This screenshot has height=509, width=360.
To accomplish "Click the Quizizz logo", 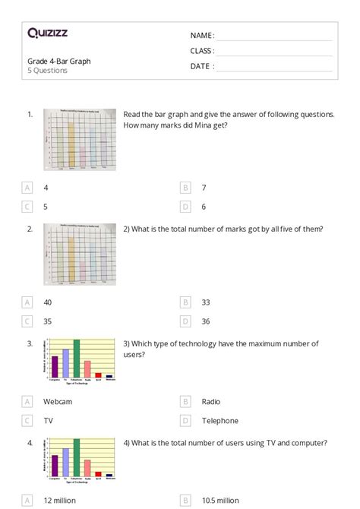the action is coord(47,33).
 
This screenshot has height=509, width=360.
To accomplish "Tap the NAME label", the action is coord(201,35).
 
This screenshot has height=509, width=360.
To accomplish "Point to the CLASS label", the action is coord(202,51).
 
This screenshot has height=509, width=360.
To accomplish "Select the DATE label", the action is coord(201,66).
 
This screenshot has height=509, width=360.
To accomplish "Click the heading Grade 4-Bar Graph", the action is coord(59,61).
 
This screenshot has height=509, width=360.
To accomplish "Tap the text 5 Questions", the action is coord(48,71).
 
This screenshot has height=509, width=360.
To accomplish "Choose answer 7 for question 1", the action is coord(204,187).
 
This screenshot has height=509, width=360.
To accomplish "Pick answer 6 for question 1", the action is coord(204,206).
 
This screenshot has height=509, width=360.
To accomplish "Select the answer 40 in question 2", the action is coord(48,302).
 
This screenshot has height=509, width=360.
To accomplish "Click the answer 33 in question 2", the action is coord(206,302).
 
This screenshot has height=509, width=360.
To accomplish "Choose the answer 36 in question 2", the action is coord(206,321).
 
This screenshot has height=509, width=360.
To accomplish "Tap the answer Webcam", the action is coord(58,401).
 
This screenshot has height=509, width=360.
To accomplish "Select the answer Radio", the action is coord(211,401).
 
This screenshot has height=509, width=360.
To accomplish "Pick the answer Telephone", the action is coord(220,420).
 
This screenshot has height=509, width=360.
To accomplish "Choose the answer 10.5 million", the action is coord(219,500).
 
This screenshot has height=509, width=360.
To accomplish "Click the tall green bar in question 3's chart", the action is coord(76,359).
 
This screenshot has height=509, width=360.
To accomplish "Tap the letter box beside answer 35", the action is coord(27,321).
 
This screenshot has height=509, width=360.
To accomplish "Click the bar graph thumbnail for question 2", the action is coord(80,254).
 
